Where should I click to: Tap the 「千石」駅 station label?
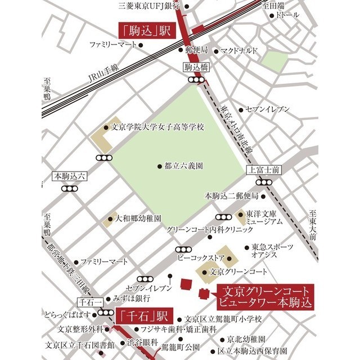(x=144, y=314)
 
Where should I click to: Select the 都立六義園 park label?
(x=183, y=166)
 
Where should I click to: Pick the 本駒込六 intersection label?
(x=69, y=176)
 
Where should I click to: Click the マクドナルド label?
(x=240, y=50)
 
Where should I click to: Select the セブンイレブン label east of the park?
(x=267, y=109)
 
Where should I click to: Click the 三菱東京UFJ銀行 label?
(x=149, y=6)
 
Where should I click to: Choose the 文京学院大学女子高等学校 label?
(x=158, y=127)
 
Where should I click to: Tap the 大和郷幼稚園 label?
(x=138, y=218)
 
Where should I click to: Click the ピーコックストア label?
(x=201, y=258)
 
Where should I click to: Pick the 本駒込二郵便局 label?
(x=231, y=196)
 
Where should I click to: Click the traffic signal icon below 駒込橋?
(x=197, y=80)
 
